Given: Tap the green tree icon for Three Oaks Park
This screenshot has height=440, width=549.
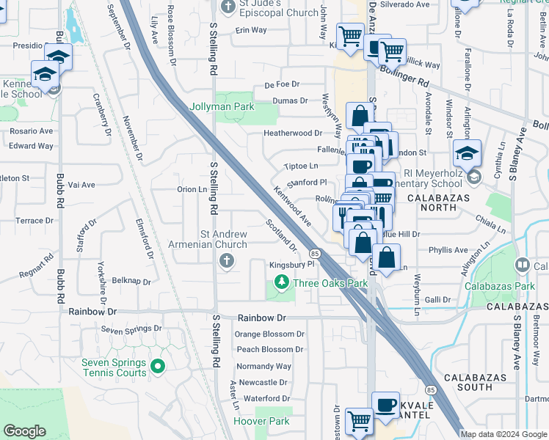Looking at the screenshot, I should tap(280, 282).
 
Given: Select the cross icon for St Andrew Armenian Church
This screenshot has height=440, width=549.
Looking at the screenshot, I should tap(227, 260).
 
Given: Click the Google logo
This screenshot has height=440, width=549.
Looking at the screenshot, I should tap(26, 431).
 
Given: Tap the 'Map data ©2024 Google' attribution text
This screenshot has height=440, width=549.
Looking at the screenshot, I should tap(503, 434).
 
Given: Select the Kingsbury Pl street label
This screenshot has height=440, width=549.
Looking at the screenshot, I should tap(291, 264).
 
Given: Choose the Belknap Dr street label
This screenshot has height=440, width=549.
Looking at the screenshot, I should tap(132, 281).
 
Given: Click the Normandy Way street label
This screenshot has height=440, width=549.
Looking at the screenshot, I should tap(263, 366).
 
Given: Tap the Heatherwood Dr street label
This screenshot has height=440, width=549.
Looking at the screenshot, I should tap(293, 133).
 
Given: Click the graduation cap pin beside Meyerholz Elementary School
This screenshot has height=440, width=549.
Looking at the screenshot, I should tap(467, 153).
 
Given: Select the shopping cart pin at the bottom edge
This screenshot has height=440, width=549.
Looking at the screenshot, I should tap(359, 421).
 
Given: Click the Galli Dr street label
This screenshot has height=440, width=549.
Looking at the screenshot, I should tap(437, 299).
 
